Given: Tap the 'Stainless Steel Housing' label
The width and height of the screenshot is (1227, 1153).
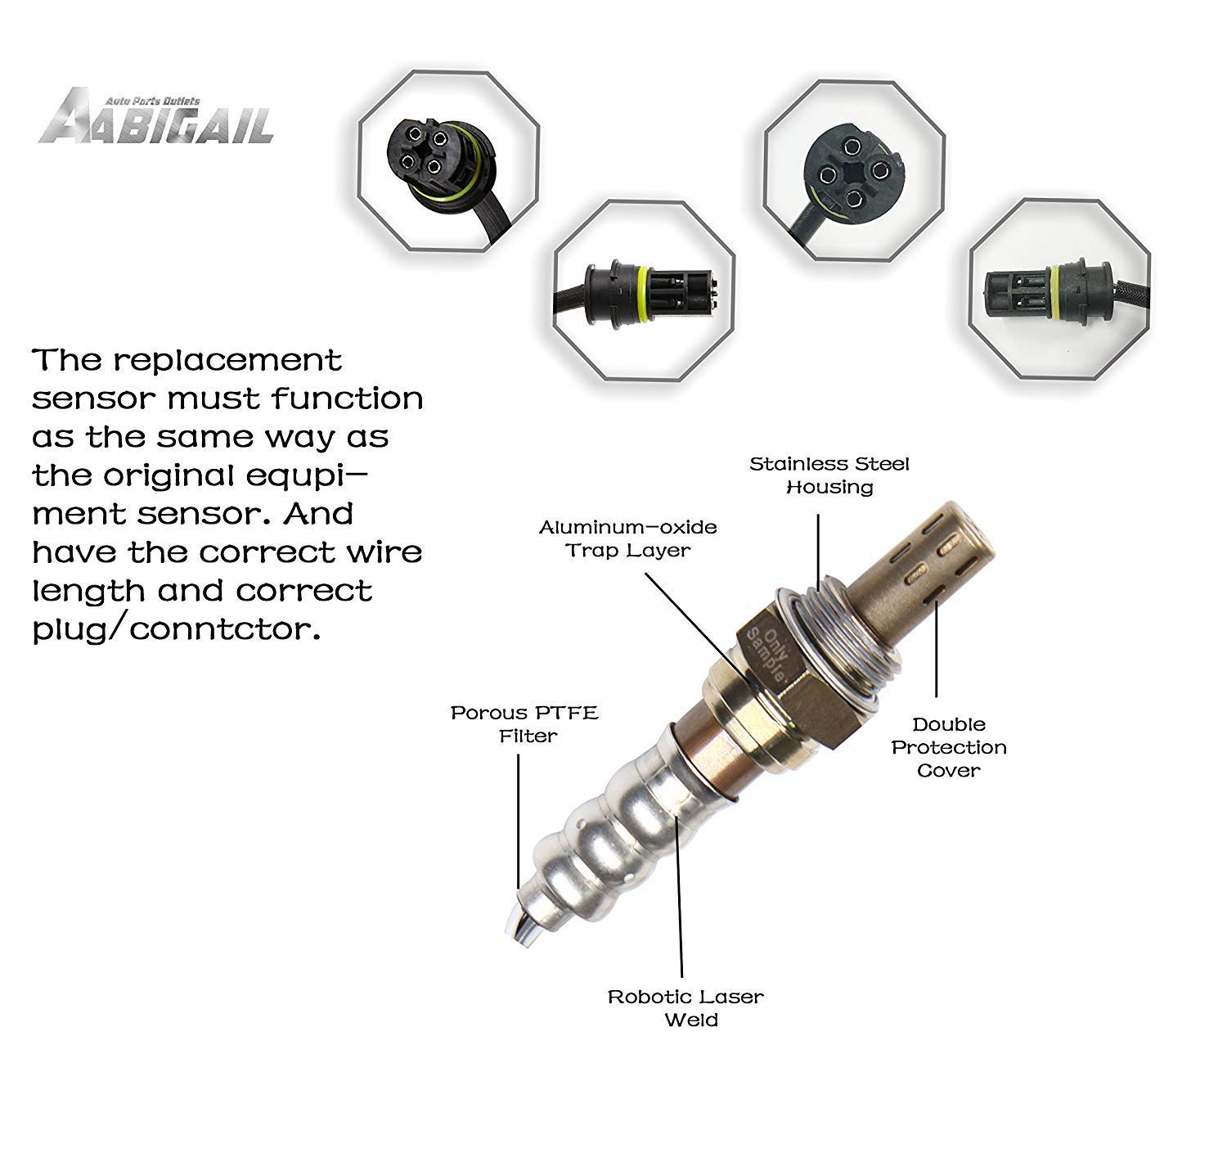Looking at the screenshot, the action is [829, 475].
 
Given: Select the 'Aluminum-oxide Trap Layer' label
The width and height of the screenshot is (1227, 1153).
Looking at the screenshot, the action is [627, 538].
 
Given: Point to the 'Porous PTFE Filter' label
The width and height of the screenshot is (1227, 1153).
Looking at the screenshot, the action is [524, 724].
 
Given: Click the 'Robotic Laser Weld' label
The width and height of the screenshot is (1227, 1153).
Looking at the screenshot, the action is [685, 1007].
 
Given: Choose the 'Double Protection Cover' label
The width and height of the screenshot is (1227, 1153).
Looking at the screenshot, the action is [949, 746].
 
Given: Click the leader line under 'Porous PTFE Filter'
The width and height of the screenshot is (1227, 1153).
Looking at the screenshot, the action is [519, 818].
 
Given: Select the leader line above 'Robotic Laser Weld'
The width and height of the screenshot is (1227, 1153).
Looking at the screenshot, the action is [678, 900].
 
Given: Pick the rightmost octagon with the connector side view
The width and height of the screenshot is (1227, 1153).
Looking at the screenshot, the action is [1059, 288].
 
